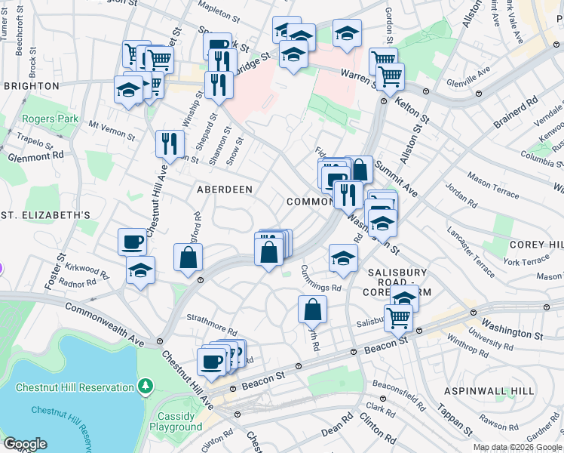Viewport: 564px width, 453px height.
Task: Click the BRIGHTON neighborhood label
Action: pos(31,86)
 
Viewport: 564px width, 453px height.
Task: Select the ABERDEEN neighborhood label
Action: pos(225,189)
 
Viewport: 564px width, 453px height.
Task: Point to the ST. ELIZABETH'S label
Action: pos(45,215)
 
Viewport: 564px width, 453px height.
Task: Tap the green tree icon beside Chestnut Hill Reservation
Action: pos(146,387)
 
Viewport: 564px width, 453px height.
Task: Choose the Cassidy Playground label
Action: pos(180,421)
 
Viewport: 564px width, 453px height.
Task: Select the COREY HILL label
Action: pos(536,245)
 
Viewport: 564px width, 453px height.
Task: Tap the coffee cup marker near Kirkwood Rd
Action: pos(132,242)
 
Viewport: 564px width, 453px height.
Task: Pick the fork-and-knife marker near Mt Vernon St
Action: pos(170,143)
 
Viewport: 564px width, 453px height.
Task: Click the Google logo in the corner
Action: pos(25,444)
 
